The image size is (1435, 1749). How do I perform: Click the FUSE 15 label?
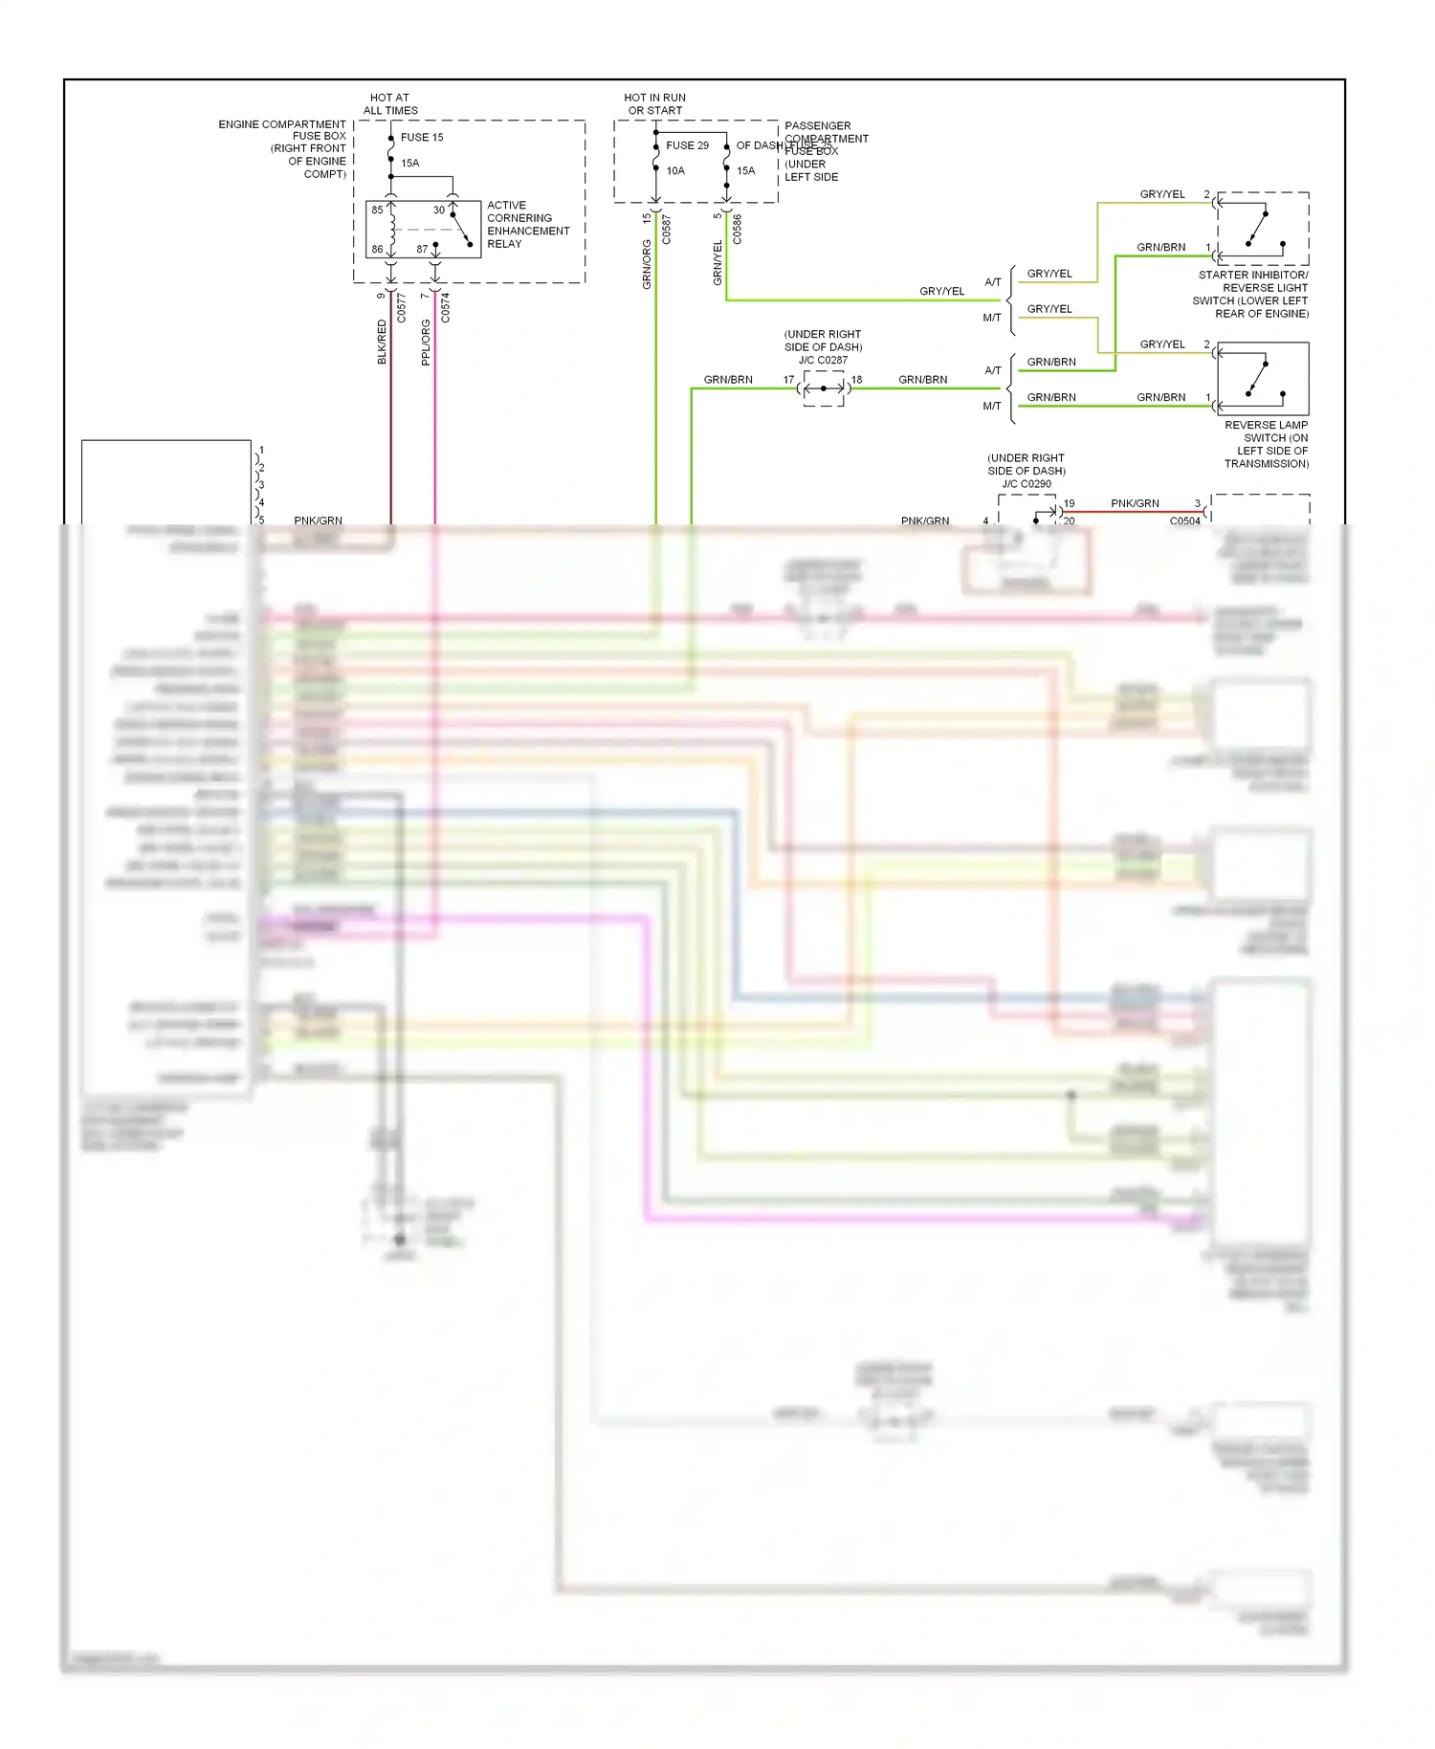point(422,137)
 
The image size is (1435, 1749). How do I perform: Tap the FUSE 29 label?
point(687,145)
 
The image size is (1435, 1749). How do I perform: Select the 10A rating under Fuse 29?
point(675,170)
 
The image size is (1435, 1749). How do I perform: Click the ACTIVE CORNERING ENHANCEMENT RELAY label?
point(527,225)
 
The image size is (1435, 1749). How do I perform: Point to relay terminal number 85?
point(377,210)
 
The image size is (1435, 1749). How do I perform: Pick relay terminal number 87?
point(422,249)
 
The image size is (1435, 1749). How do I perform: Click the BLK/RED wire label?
point(382,342)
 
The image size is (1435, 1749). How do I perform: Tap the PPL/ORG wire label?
point(426,342)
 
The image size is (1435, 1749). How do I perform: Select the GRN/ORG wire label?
point(647,264)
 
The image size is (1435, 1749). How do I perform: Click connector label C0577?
point(402,307)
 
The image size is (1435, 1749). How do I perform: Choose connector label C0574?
point(446,307)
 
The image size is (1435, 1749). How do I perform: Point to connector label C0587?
point(667,230)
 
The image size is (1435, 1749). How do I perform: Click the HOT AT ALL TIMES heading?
point(390,103)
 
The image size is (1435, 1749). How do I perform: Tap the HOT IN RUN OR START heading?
point(655,103)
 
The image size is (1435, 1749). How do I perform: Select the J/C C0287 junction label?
point(823,360)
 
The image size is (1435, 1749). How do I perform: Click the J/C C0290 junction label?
point(1027,483)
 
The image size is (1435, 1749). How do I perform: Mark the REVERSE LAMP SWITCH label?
point(1266,444)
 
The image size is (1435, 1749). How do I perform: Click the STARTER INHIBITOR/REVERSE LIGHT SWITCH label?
point(1251,294)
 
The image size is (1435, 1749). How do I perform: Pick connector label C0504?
point(1184,520)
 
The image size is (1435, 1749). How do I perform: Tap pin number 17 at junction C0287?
point(788,380)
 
